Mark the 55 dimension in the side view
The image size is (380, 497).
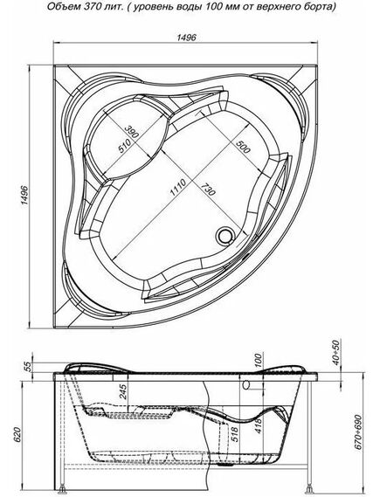tap(27, 367)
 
